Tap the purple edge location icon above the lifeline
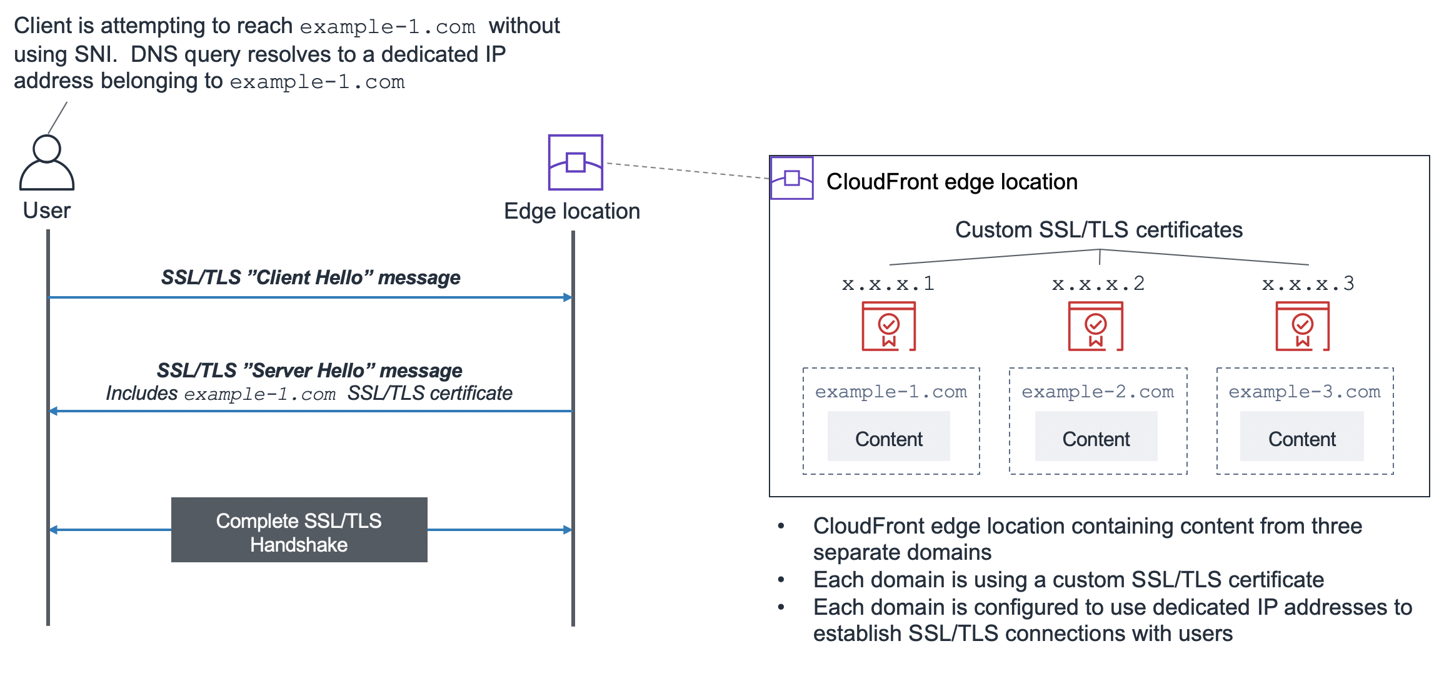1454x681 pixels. pos(575,162)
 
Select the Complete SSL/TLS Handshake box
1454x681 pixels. pos(299,530)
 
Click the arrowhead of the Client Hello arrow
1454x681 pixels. pos(568,297)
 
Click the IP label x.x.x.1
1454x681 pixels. pos(888,284)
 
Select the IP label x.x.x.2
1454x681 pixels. pos(1098,284)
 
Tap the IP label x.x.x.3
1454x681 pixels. pos(1308,284)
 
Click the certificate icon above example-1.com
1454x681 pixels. pos(888,326)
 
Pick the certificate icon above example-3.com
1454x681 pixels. pos(1302,326)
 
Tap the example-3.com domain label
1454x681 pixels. pos(1304,392)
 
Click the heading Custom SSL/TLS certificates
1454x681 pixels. pos(1098,230)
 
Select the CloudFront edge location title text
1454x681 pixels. pos(951,182)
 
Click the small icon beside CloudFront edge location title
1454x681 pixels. pos(791,178)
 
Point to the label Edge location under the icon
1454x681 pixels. pos(572,211)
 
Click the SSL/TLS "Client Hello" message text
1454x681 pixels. pos(311,277)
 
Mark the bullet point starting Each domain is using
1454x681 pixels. pos(1068,580)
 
